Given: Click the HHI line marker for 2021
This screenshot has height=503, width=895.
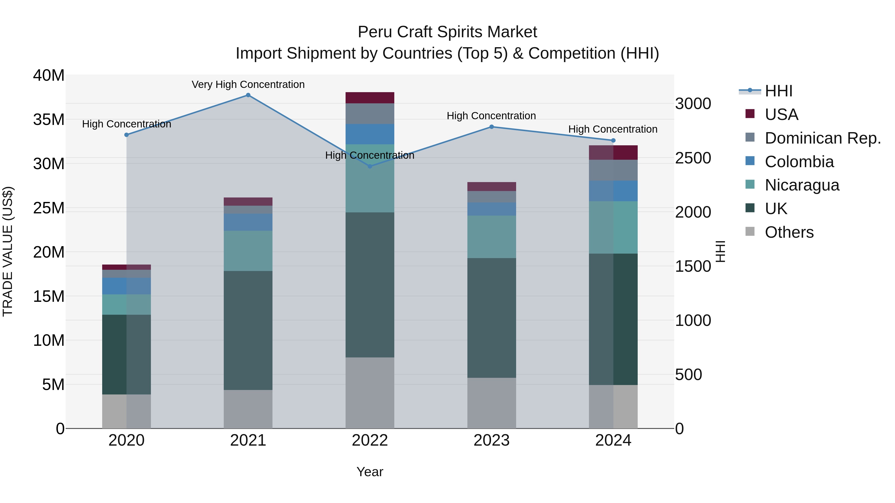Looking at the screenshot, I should click(248, 95).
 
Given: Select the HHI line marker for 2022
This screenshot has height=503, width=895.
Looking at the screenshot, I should click(370, 166).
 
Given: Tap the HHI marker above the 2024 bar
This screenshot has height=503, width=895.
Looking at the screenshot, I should click(613, 141).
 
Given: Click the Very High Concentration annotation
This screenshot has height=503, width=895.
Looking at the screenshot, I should click(248, 84).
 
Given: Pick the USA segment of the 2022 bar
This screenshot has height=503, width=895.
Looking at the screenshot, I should click(370, 98).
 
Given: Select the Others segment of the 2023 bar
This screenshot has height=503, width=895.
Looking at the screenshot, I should click(491, 403).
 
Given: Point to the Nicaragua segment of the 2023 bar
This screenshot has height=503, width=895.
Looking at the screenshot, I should click(491, 236).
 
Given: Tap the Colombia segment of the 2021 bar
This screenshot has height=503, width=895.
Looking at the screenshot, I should click(248, 222).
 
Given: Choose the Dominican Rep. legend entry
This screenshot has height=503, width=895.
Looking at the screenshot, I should click(823, 138).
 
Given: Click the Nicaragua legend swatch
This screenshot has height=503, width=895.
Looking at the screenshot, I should click(750, 184).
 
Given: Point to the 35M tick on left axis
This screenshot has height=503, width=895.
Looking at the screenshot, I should click(49, 120).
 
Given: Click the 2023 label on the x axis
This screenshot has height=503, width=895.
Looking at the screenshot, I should click(491, 440).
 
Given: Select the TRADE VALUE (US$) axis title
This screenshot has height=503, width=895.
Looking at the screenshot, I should click(8, 251).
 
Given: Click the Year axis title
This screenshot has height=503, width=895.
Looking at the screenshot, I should click(370, 472).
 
